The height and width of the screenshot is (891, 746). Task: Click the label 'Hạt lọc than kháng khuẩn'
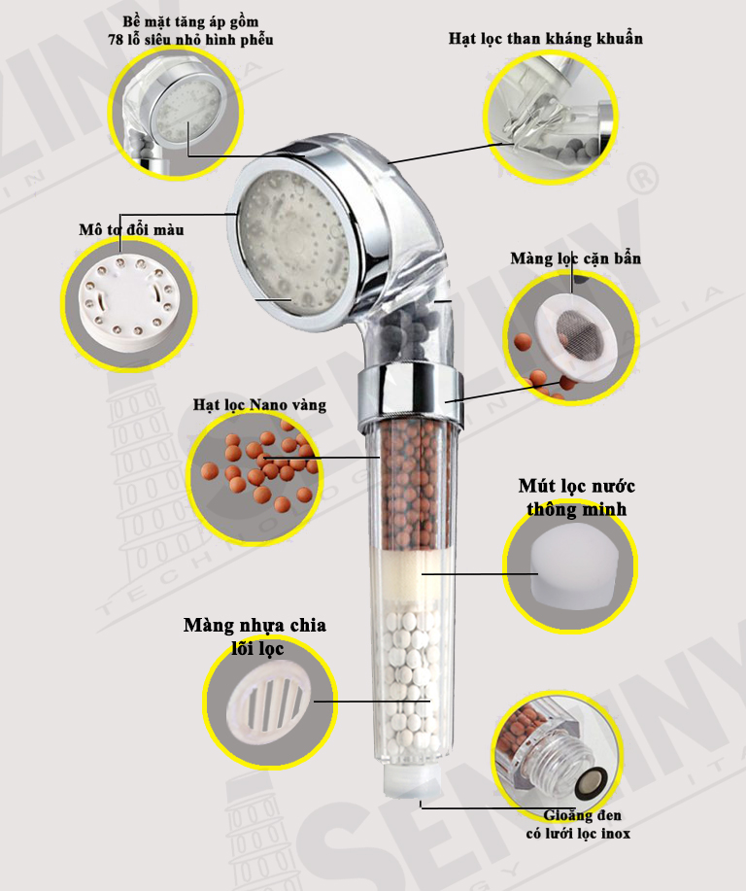546,39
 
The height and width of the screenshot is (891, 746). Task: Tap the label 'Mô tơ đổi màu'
131,229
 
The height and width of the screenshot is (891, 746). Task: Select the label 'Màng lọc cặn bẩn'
576,259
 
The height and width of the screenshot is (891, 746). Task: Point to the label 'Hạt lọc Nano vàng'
259,405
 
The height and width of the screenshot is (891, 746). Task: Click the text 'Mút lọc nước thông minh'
577,497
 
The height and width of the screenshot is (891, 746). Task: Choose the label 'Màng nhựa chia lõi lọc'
255,637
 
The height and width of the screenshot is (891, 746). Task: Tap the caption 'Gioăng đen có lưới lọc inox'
578,825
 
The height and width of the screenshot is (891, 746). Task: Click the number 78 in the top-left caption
116,40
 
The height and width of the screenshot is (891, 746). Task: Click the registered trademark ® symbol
643,178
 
